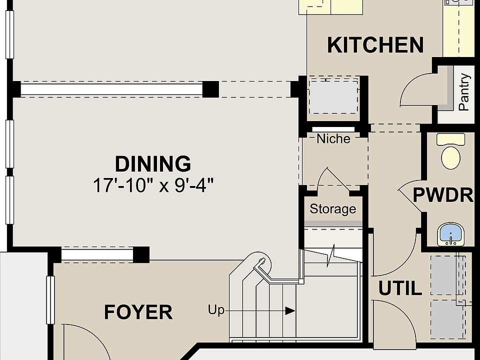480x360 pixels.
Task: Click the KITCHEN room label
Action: (375, 45)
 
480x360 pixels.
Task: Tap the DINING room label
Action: (153, 164)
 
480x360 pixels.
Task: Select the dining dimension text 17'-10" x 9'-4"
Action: (153, 185)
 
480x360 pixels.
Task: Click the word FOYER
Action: (138, 312)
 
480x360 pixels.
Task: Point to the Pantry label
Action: (464, 92)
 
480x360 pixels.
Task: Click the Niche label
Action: (333, 138)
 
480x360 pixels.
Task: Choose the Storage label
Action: (333, 209)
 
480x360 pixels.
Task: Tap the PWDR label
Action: (443, 194)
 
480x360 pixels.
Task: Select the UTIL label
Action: (400, 288)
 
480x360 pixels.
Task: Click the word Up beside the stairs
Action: (216, 310)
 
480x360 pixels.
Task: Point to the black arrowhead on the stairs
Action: (290, 311)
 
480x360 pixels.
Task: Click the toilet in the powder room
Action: (450, 151)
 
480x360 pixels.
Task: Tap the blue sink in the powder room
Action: (450, 234)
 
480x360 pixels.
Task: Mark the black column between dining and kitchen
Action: (210, 89)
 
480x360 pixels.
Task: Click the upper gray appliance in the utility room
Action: (448, 275)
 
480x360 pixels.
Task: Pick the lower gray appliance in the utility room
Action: (448, 319)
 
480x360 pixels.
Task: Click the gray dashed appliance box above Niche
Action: (333, 96)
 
